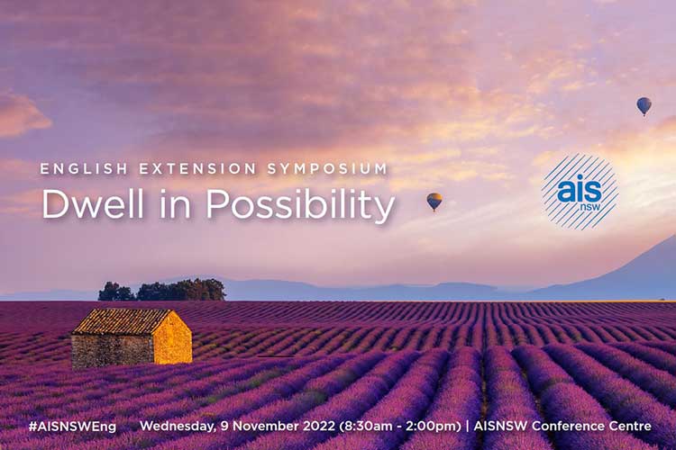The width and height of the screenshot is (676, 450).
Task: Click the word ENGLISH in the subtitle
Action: click(x=84, y=169)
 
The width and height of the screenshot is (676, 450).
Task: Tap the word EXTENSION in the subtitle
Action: click(x=197, y=169)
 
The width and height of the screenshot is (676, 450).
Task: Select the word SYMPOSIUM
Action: click(x=328, y=169)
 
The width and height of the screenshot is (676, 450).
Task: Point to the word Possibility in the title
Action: click(x=300, y=206)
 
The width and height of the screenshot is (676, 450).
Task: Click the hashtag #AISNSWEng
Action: click(x=72, y=427)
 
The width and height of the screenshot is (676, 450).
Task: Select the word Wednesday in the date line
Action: click(x=177, y=427)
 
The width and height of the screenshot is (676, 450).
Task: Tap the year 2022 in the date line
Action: click(x=318, y=426)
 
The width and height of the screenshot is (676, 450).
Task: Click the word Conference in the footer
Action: click(x=568, y=426)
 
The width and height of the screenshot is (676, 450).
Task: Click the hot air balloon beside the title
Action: click(x=434, y=202)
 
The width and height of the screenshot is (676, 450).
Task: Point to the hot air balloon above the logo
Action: click(x=644, y=106)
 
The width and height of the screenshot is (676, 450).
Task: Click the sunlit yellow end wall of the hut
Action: click(x=173, y=339)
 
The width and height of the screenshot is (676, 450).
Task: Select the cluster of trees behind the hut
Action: click(x=161, y=290)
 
